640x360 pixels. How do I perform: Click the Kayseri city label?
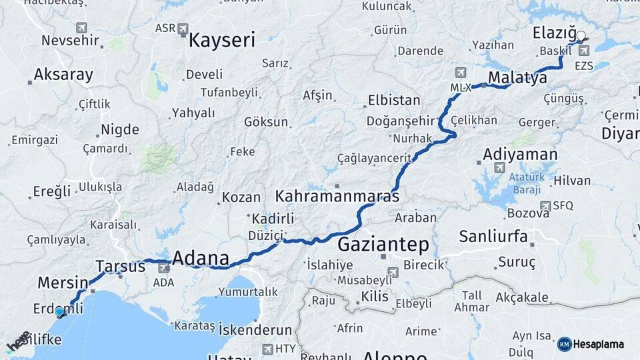point(222,40)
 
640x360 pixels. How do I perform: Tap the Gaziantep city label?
point(383,244)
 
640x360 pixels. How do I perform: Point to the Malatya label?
point(517,78)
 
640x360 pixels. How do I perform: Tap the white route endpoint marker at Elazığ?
point(581,36)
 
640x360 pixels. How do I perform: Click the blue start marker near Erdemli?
point(59,311)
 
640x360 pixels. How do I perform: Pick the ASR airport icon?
point(183,29)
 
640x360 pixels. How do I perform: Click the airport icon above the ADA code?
point(163,267)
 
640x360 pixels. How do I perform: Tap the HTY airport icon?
point(268,349)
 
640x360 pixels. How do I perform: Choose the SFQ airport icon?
point(545,206)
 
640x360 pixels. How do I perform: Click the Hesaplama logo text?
point(598,344)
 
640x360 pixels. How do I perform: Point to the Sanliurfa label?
point(493,237)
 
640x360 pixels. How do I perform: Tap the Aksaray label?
point(63,75)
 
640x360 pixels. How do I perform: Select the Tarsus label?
point(120,267)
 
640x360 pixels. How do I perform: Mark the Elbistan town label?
point(394,101)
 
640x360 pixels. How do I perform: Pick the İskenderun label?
point(255,330)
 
